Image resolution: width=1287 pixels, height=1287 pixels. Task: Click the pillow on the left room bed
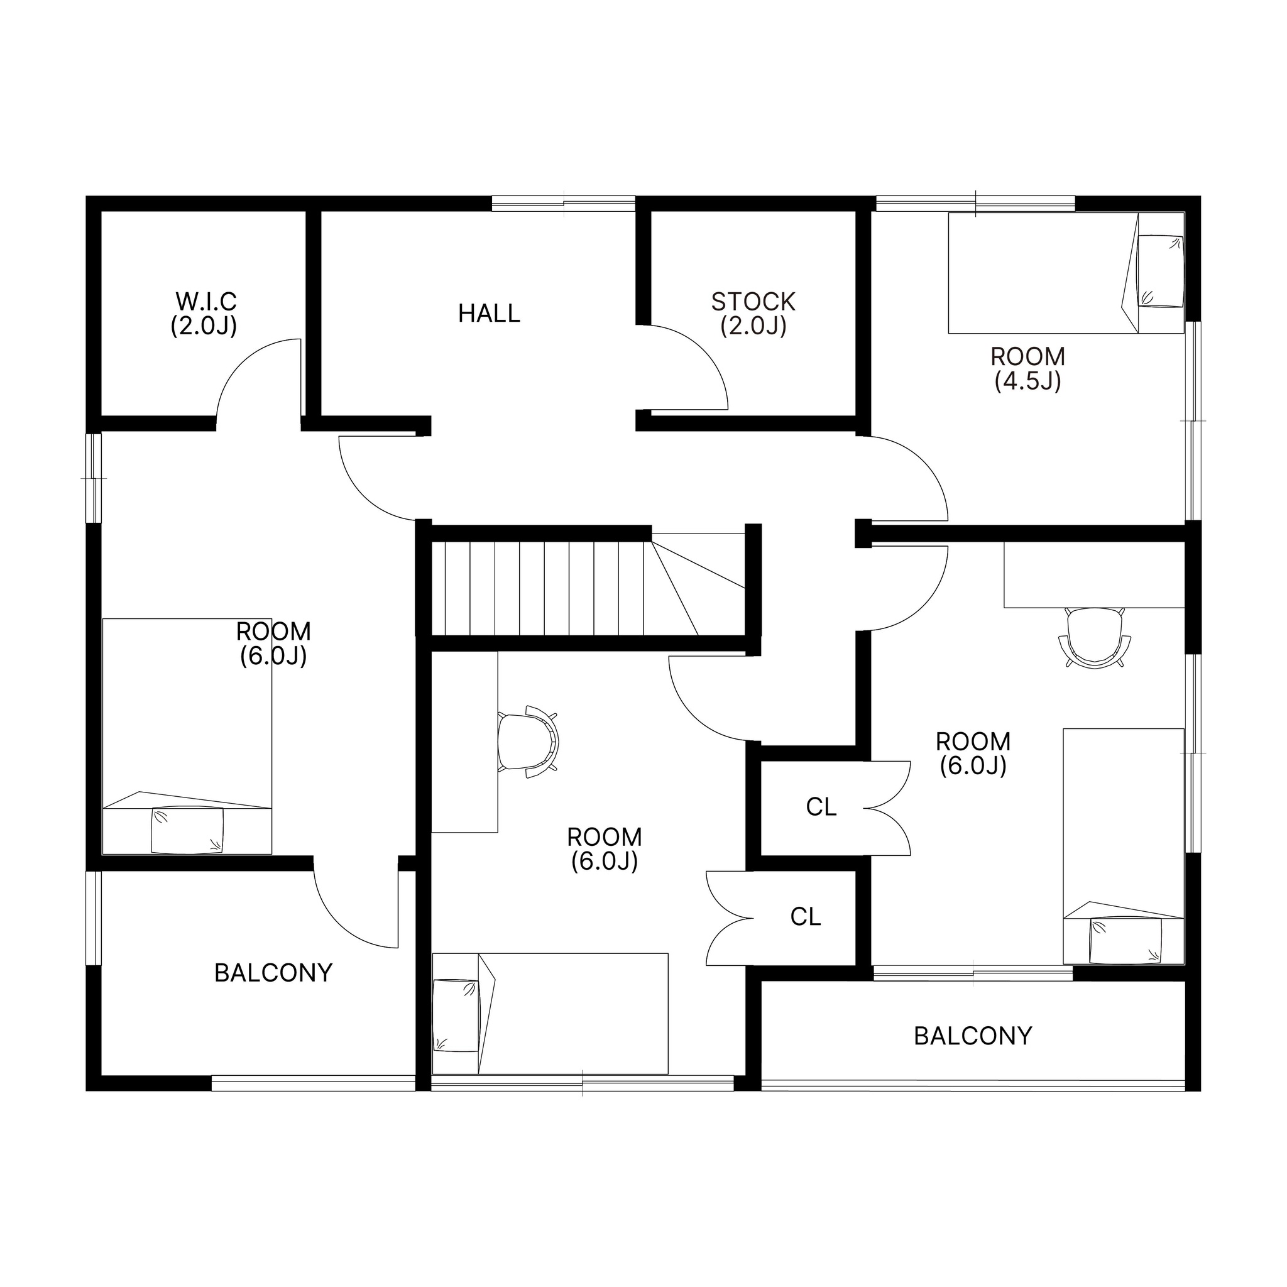(x=188, y=830)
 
